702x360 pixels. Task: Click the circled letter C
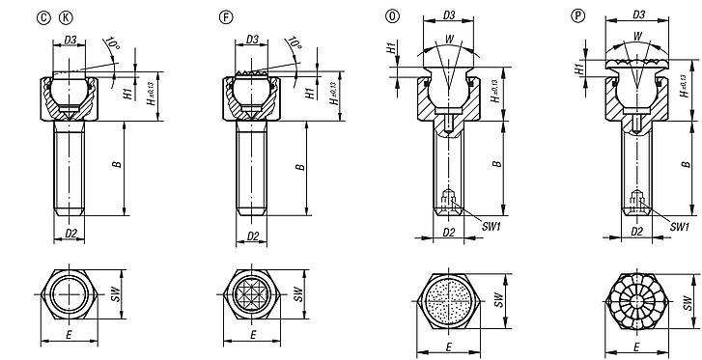[x=43, y=16]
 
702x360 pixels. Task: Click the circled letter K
[x=65, y=16]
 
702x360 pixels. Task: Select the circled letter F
[x=226, y=16]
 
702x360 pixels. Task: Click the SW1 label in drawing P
[x=679, y=226]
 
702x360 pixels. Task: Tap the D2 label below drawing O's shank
[x=448, y=232]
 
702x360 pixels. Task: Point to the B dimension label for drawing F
[x=301, y=166]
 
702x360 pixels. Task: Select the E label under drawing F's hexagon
[x=252, y=336]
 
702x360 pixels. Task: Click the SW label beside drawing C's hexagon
[x=116, y=293]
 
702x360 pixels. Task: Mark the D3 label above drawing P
[x=635, y=14]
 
